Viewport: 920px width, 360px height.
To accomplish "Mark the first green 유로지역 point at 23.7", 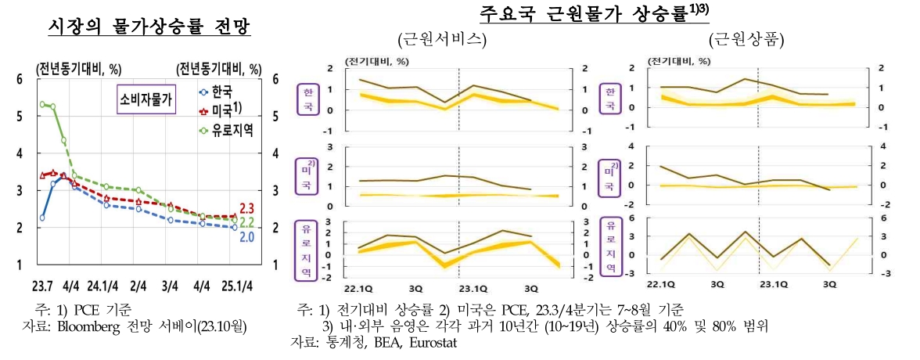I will pyautogui.click(x=42, y=104).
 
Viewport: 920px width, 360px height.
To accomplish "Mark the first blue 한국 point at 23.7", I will pyautogui.click(x=42, y=218).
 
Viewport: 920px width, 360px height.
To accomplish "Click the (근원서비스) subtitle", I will pyautogui.click(x=442, y=40).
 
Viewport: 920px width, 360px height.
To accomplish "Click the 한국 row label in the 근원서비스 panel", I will pyautogui.click(x=307, y=99).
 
